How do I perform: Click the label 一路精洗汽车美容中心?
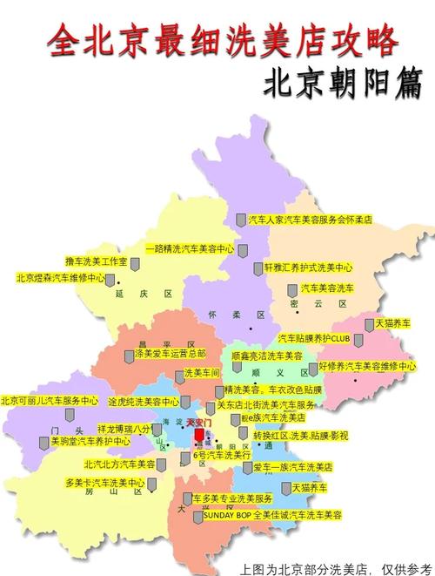(x=189, y=248)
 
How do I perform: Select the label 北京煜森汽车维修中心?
(x=60, y=279)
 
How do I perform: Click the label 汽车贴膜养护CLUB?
(x=313, y=337)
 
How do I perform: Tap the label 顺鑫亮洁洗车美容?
(x=267, y=357)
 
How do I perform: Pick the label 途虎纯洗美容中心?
(x=144, y=403)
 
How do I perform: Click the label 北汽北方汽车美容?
(x=119, y=464)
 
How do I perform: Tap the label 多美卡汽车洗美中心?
(x=104, y=483)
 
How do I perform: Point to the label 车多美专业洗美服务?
(x=233, y=498)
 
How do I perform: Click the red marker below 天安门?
(x=199, y=436)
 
